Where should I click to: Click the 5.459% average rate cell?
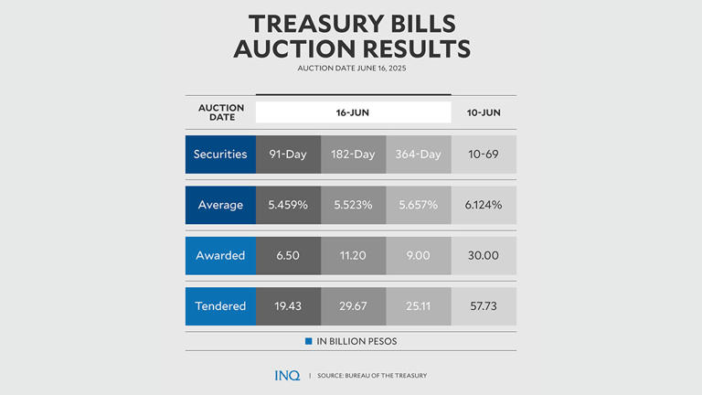pos(288,205)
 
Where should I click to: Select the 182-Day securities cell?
pos(353,155)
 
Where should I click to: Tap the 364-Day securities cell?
pos(418,155)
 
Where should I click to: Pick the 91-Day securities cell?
pos(288,155)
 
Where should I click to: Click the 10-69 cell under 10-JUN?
pos(483,155)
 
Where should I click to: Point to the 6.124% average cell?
pos(483,205)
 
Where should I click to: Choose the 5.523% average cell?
pos(353,205)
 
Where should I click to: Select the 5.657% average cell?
pos(418,205)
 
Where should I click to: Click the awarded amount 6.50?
pos(288,255)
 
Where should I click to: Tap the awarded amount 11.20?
pos(353,255)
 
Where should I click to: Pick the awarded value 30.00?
pos(483,255)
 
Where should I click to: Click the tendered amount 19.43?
pos(288,306)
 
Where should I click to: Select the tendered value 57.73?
pos(483,306)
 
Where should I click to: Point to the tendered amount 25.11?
pos(418,306)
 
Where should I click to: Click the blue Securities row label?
pos(220,155)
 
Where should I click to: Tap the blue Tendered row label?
pos(220,306)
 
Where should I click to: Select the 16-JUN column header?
pos(353,112)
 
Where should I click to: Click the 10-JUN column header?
pos(483,112)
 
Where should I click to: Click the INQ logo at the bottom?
pos(287,375)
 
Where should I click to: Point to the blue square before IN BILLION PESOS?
pos(309,341)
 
